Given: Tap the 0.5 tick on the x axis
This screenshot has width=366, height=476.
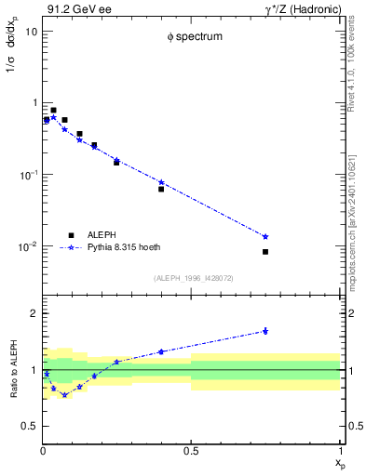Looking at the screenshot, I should coord(192,451).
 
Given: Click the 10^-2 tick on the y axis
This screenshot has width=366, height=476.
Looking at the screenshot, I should coord(28,246).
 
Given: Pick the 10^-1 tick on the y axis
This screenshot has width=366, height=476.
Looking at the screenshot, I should coord(28,175).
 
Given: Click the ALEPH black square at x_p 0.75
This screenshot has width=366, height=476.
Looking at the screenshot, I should coord(265,252).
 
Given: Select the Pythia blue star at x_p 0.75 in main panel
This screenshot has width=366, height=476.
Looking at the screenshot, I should coord(265,236).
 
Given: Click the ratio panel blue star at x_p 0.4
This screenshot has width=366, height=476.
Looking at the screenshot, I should coord(161,351).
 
